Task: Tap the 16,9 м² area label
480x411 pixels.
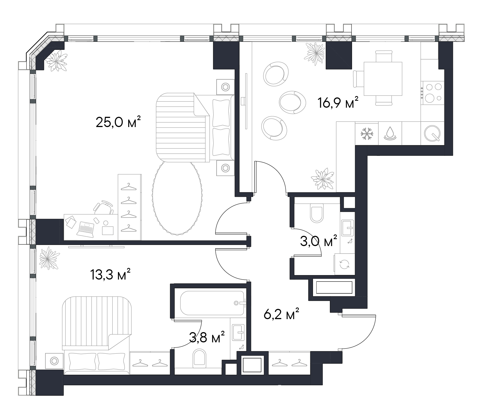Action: click(x=338, y=103)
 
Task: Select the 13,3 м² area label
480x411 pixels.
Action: click(x=110, y=275)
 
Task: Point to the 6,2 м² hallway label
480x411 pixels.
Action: click(x=281, y=314)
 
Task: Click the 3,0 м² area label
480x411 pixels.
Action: click(x=319, y=241)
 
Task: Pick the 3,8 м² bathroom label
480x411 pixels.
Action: click(x=206, y=337)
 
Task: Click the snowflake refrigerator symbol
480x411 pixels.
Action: click(x=367, y=133)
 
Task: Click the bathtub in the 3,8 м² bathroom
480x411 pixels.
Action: click(x=212, y=303)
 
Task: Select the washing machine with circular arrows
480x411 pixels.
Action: click(x=345, y=264)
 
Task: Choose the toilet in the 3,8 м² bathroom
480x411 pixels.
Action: click(x=199, y=358)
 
